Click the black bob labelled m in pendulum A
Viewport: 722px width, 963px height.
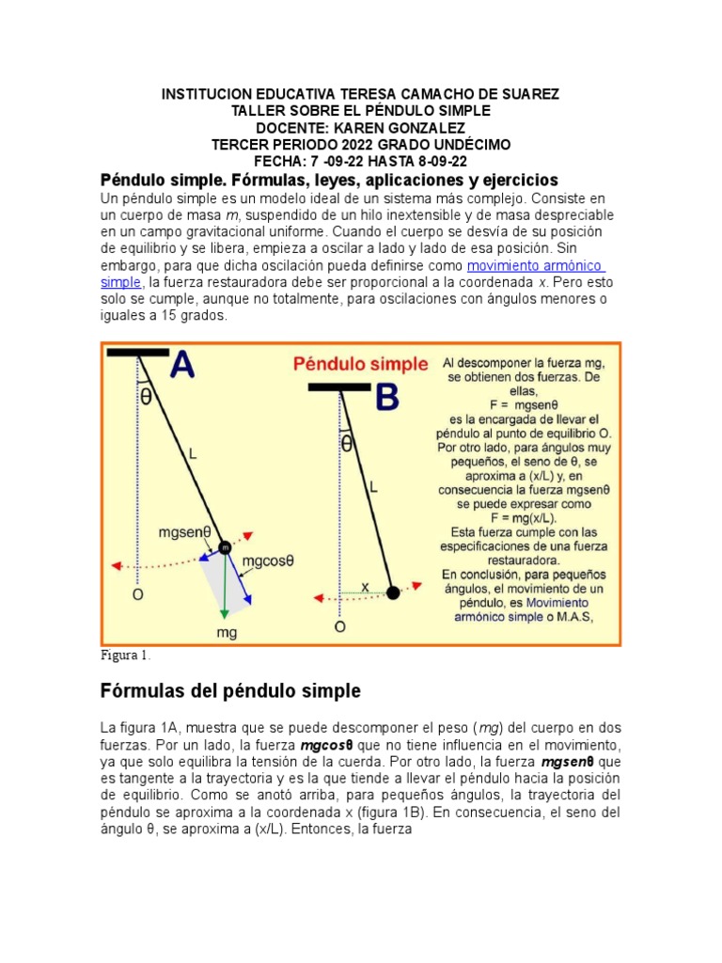(226, 547)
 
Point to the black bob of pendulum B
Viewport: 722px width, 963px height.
(392, 592)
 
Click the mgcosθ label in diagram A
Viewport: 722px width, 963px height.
(268, 560)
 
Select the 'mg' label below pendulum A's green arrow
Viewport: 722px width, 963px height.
(227, 632)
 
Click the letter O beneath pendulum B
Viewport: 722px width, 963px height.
(339, 625)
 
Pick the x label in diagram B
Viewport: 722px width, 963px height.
(365, 585)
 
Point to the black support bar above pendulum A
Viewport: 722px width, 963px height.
(138, 352)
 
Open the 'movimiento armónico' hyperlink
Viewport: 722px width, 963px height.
(535, 265)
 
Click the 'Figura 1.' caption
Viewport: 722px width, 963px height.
(126, 655)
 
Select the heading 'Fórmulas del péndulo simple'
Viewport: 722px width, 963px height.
(230, 691)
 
